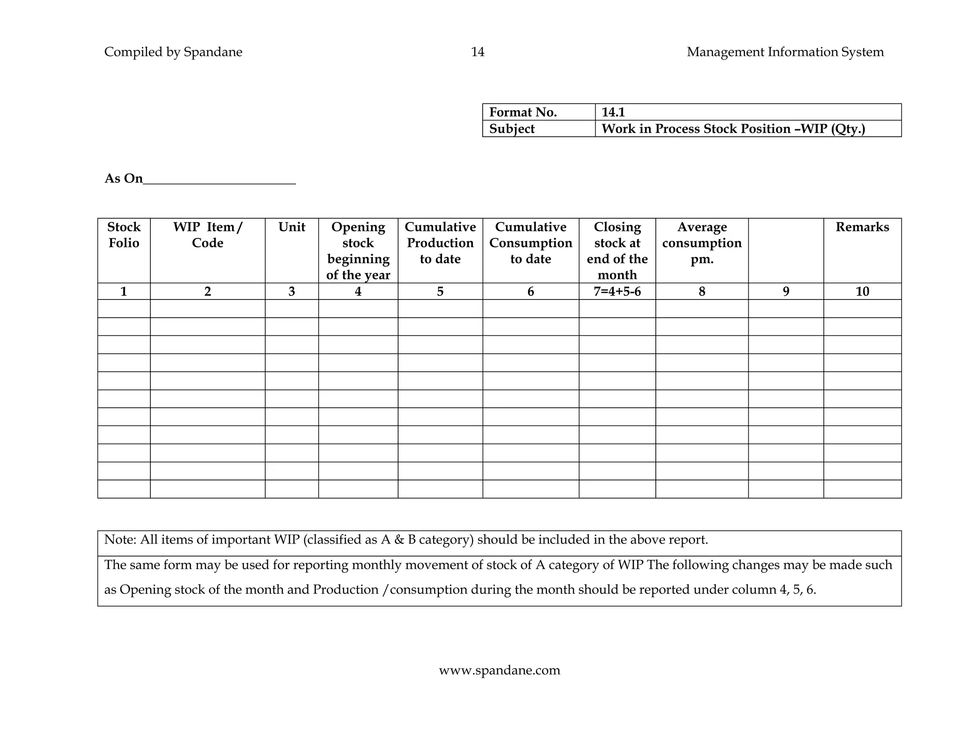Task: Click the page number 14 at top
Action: tap(478, 52)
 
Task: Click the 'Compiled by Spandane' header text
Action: tap(173, 52)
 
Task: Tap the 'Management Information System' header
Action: tap(785, 52)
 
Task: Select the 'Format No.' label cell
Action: tap(523, 112)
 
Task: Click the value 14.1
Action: tap(613, 112)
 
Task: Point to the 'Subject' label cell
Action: tap(512, 129)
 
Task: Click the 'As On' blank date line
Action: tap(219, 180)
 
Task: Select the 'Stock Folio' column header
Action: tap(124, 235)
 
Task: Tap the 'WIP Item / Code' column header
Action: tap(208, 235)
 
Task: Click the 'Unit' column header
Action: tap(292, 227)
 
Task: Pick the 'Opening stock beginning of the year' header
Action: tap(358, 251)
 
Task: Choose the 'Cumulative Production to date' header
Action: tap(440, 243)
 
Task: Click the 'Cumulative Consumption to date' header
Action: tap(531, 243)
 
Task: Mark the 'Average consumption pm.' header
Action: tap(702, 243)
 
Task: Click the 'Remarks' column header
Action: tap(862, 227)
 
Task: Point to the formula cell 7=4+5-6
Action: tap(617, 292)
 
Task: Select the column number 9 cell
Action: tap(786, 292)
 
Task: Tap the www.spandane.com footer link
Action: tap(499, 670)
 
